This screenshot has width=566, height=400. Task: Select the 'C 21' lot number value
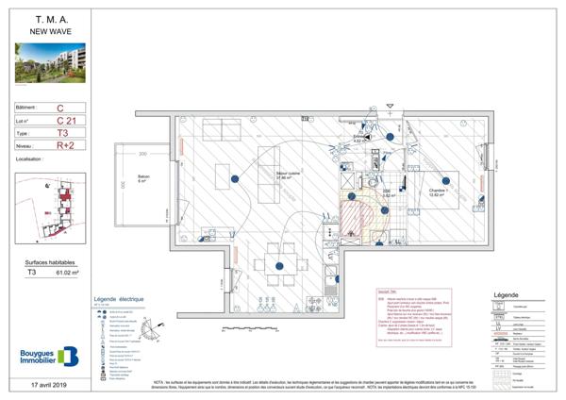point(65,120)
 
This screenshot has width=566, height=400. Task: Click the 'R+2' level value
point(65,146)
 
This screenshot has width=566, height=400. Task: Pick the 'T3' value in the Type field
point(61,133)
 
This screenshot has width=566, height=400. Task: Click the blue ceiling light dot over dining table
point(280,268)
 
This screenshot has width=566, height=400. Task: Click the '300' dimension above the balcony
point(144,152)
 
